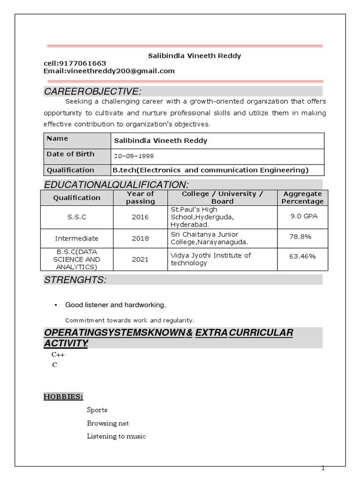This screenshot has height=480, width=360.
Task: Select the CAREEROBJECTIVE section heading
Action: (92, 91)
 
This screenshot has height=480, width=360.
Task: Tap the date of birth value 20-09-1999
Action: (133, 156)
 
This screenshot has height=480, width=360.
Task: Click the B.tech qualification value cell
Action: (210, 170)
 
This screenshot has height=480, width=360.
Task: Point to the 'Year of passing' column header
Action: (140, 197)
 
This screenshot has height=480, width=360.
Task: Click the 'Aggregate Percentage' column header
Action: (302, 197)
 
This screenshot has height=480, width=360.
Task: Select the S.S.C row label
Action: (76, 217)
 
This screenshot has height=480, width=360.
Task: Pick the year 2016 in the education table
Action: (140, 217)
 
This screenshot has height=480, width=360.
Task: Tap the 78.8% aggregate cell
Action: (300, 237)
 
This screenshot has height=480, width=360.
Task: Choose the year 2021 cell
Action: (140, 259)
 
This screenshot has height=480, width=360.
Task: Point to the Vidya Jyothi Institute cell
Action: (211, 259)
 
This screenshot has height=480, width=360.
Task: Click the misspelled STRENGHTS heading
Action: (75, 280)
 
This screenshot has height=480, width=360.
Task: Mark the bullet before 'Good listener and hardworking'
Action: (56, 306)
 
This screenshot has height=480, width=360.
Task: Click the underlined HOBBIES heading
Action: (63, 397)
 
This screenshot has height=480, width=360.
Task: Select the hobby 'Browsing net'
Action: (108, 423)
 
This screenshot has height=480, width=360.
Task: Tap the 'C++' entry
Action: (58, 355)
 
